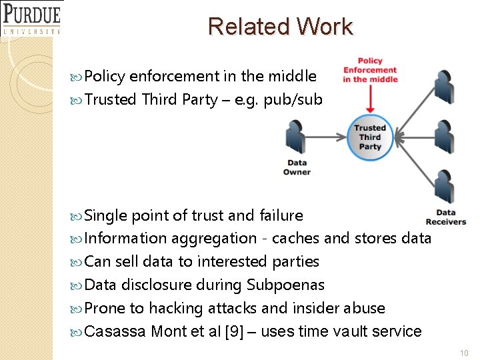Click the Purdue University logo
[31, 18]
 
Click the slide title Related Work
[280, 27]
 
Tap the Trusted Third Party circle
[370, 137]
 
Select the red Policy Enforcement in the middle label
[370, 71]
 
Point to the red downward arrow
[370, 100]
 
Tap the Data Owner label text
[297, 167]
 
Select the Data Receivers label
[445, 217]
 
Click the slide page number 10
[464, 352]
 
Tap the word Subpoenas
[285, 285]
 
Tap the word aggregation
[213, 239]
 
